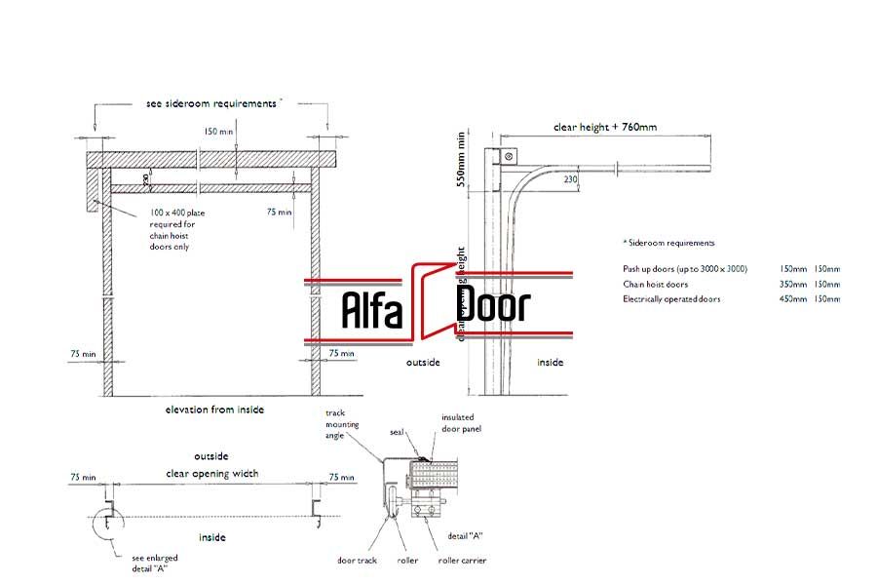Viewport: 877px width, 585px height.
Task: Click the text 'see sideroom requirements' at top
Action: click(x=210, y=102)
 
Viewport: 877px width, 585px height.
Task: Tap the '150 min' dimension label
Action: click(x=218, y=130)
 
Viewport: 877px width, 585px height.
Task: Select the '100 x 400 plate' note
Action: click(x=177, y=212)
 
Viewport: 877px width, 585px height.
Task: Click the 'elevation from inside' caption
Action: click(x=214, y=409)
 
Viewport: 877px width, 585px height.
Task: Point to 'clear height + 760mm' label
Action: click(x=605, y=127)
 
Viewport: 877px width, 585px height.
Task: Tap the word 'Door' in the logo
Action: click(x=493, y=306)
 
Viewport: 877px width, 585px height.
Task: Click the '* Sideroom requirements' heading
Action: click(x=668, y=243)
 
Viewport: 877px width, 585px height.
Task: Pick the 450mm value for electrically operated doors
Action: click(x=792, y=299)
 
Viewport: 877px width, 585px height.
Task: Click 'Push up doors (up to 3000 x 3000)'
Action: click(x=685, y=268)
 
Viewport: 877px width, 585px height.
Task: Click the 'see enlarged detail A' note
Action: click(x=154, y=564)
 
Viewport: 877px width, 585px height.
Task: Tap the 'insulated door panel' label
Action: click(x=461, y=422)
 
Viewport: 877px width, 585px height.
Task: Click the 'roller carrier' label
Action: click(x=462, y=561)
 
